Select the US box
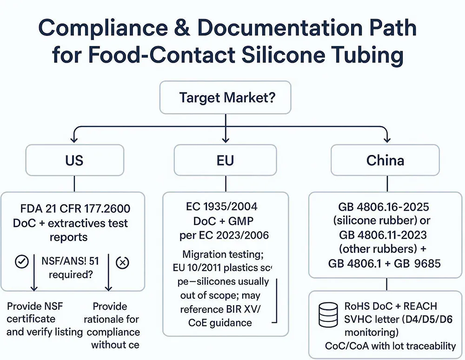[74, 160]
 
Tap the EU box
[225, 160]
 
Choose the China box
[385, 160]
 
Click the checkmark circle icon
[21, 262]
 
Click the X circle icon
[122, 262]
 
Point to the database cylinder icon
[327, 316]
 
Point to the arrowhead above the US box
[73, 138]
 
